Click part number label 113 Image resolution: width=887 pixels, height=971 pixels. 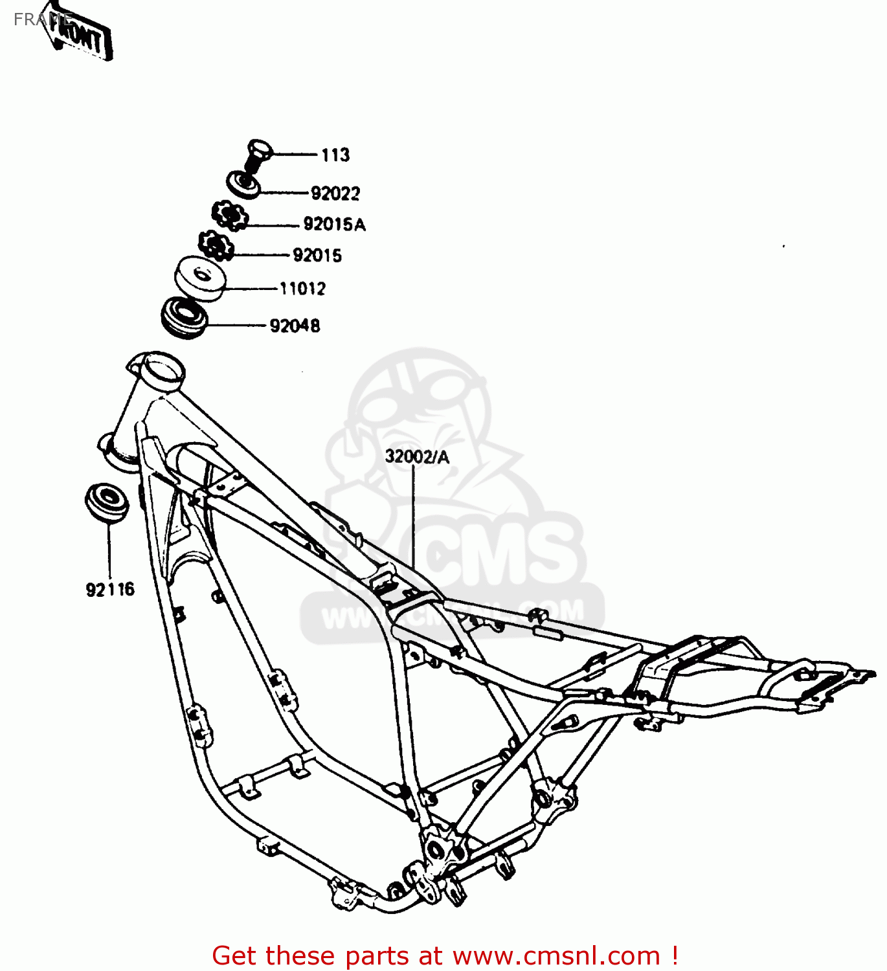coord(335,155)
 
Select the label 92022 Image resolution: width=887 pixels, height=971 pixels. coord(335,194)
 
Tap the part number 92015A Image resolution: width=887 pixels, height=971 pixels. coord(334,225)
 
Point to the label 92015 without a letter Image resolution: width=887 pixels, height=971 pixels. coord(317,256)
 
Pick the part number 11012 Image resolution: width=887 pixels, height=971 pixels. coord(302,289)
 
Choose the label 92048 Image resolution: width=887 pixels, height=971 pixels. coord(295,326)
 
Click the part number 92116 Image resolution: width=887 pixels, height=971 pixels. coord(110,590)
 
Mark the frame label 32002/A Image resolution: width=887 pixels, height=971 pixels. coord(417,457)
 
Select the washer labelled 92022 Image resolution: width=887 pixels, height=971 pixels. coord(243,184)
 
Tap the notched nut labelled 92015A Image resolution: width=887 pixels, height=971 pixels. coord(229,215)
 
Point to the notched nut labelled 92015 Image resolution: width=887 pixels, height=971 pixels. coord(216,245)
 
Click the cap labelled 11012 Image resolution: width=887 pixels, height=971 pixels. coord(200,278)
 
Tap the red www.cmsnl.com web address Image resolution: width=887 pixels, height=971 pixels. coord(556,956)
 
